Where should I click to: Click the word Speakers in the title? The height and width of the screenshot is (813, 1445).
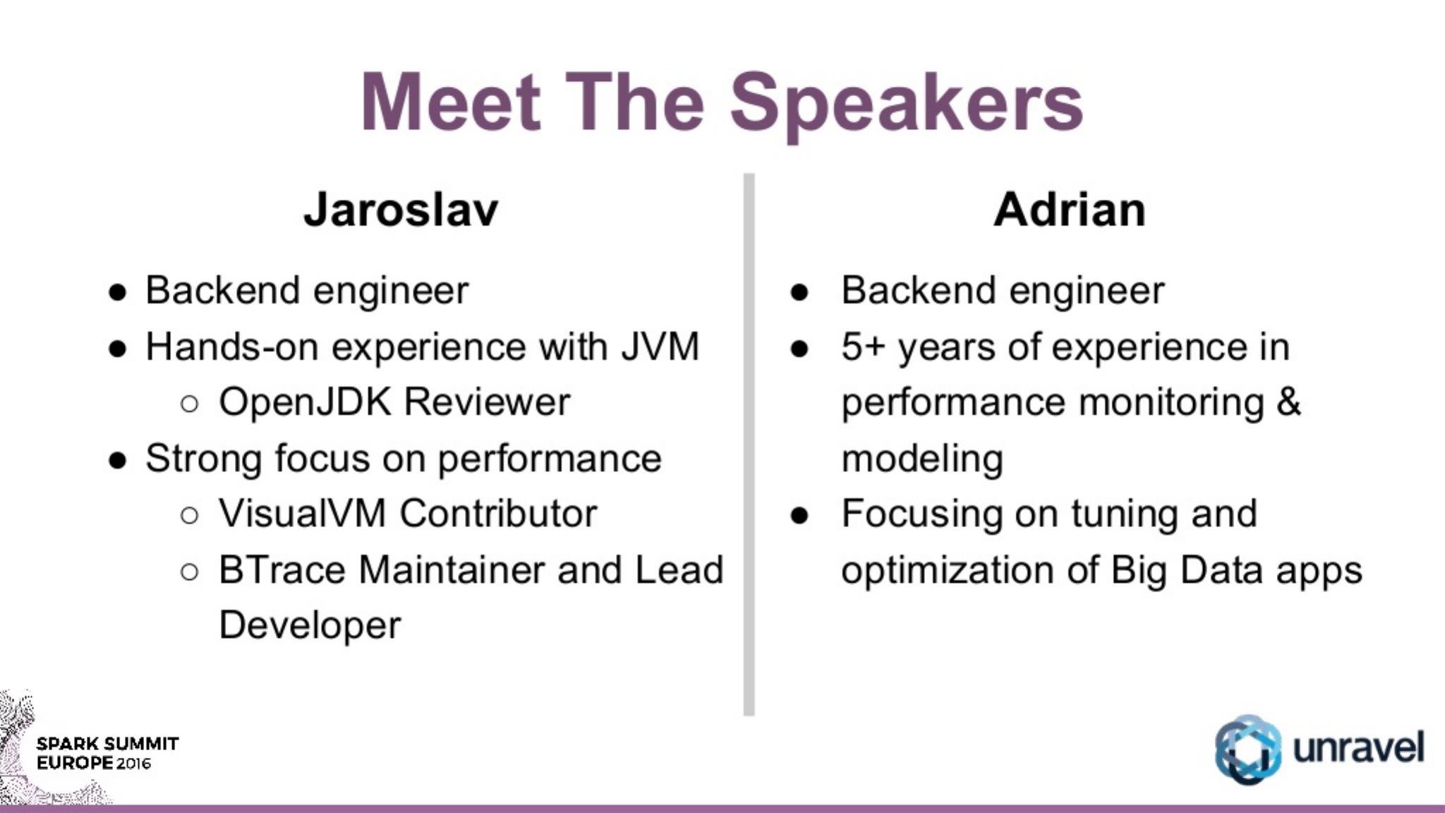coord(906,106)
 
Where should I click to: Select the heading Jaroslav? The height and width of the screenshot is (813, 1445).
coord(401,210)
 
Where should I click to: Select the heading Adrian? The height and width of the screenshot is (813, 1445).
coord(1069,210)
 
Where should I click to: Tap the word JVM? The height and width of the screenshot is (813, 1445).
coord(660,347)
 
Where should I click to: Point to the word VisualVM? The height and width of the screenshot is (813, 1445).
coord(302,513)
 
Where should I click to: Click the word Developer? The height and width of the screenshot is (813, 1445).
coord(310,626)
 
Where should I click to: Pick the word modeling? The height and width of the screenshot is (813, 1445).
coord(922,459)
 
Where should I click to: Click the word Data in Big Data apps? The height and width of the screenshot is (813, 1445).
coord(1221,570)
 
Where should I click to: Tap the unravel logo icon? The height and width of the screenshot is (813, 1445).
coord(1247,749)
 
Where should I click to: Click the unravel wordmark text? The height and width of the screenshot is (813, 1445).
coord(1359,747)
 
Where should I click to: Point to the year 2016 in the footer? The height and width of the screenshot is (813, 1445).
coord(134,764)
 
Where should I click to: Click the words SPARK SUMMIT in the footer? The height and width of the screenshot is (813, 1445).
coord(107,744)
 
